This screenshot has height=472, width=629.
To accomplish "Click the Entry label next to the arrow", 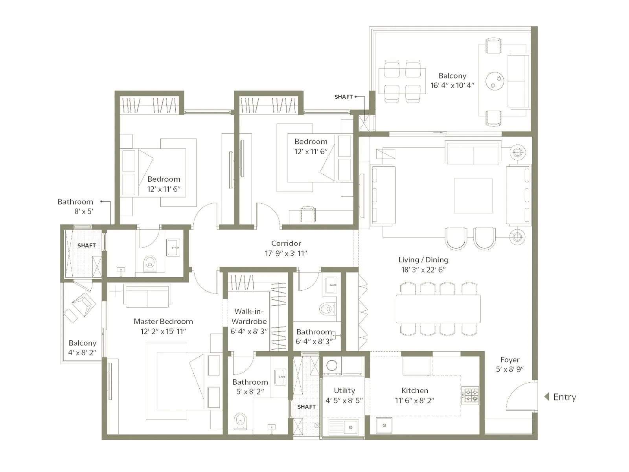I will tap(565, 397).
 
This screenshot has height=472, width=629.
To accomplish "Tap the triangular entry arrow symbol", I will tap(546, 397).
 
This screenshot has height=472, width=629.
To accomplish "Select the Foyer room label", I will tap(509, 360).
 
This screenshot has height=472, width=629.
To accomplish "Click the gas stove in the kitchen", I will tap(470, 395).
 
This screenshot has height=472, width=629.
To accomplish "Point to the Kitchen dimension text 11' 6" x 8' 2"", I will tap(414, 400).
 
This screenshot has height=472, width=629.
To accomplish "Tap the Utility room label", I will tap(344, 390).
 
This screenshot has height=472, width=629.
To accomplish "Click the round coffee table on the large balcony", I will tap(495, 81).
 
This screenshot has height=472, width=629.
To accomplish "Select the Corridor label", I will tap(286, 243).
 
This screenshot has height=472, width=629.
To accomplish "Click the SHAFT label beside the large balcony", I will tap(343, 97).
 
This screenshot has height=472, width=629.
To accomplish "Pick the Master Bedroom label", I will tap(163, 321).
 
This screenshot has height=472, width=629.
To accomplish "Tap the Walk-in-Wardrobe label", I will tap(249, 316).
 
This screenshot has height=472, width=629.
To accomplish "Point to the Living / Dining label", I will tap(423, 260).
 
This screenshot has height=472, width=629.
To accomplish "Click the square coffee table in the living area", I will tap(473, 195).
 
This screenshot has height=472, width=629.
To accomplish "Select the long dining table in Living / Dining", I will tap(438, 309).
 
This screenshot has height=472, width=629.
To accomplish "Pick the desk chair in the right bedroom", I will tap(307, 214).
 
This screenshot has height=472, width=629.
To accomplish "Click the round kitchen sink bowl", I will tap(384, 425).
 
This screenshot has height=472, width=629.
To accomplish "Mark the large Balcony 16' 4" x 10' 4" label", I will tap(452, 76).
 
